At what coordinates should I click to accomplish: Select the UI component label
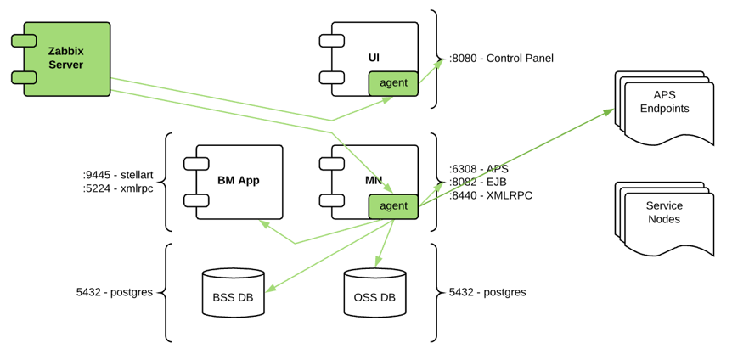point(374,58)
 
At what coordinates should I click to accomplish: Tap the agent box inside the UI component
point(393,83)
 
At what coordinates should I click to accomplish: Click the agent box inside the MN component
point(393,205)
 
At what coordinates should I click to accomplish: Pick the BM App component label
point(239,180)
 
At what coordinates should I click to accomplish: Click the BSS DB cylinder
point(233,296)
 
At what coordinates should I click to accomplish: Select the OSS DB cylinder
point(374,296)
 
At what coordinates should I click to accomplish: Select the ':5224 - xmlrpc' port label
point(118,188)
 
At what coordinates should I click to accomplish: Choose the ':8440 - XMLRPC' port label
point(490,194)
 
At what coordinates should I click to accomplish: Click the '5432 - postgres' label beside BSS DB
point(115,292)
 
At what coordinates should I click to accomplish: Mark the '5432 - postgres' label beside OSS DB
point(487,292)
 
